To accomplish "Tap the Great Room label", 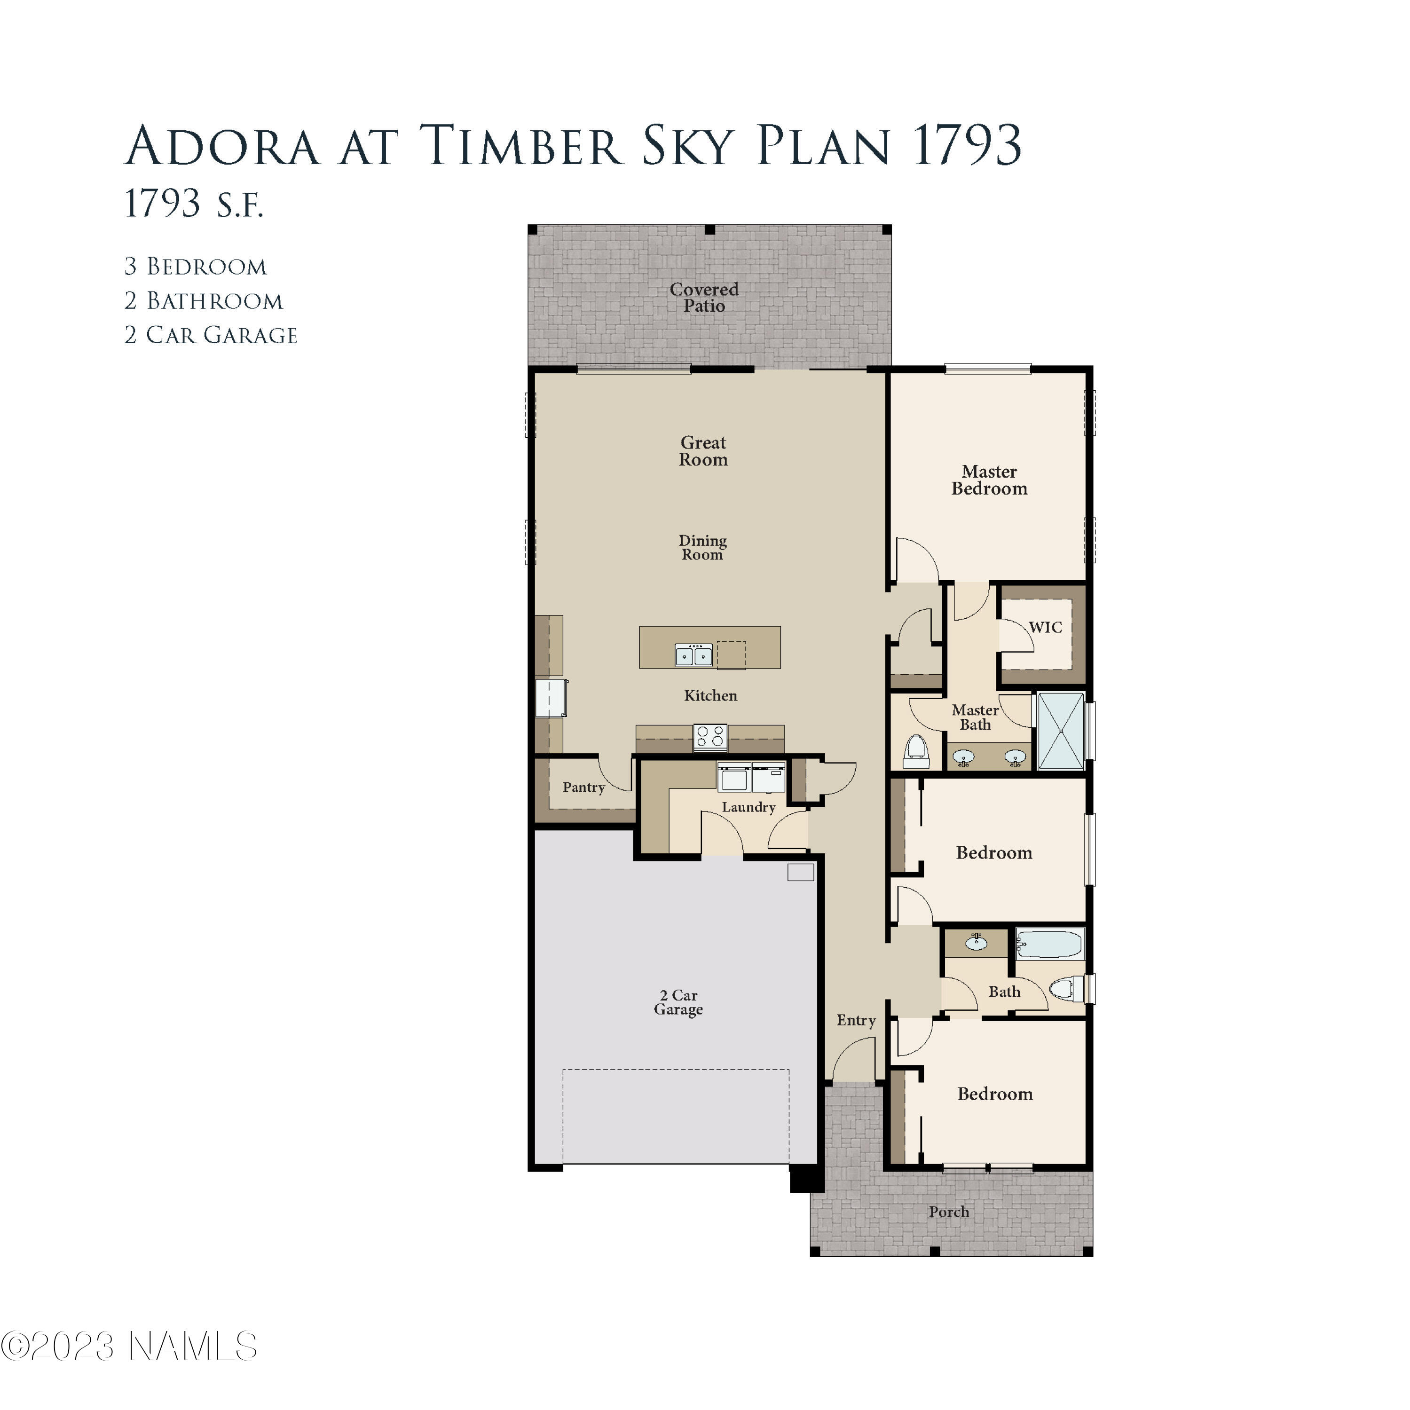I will click(x=703, y=451).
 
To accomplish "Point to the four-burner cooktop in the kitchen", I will click(x=710, y=737).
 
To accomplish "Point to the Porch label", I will click(x=949, y=1212).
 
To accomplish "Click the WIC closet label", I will click(x=1045, y=627).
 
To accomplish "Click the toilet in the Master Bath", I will click(x=915, y=752).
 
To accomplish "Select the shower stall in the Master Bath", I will click(x=1060, y=731).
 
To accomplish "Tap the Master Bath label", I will click(x=975, y=717).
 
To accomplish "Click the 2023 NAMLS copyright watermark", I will click(x=129, y=1347).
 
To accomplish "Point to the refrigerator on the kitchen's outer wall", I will click(x=551, y=698).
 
